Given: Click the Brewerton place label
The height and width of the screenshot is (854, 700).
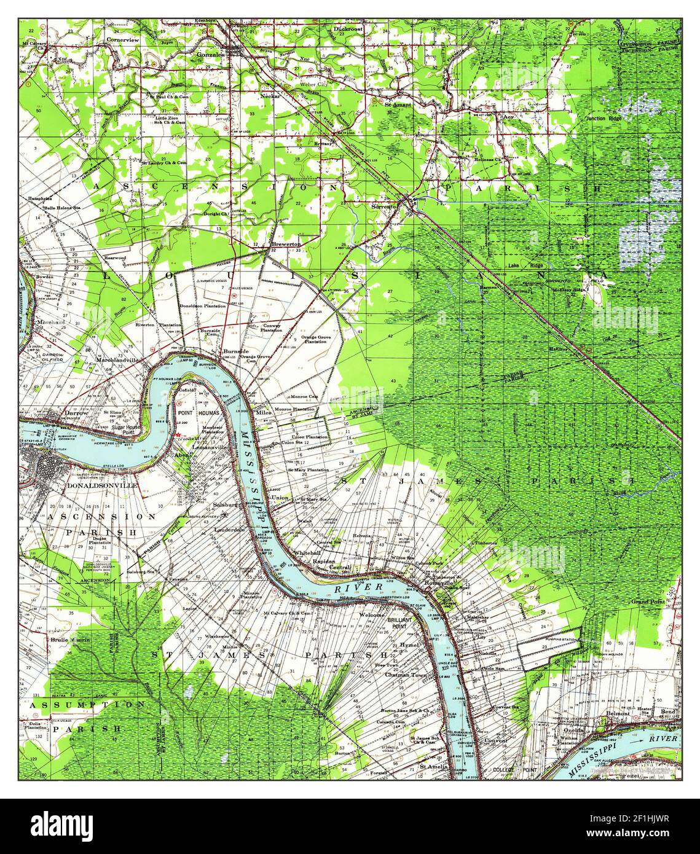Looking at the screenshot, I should [x=286, y=244].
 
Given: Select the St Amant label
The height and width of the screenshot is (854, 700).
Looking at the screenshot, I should [x=399, y=104].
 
